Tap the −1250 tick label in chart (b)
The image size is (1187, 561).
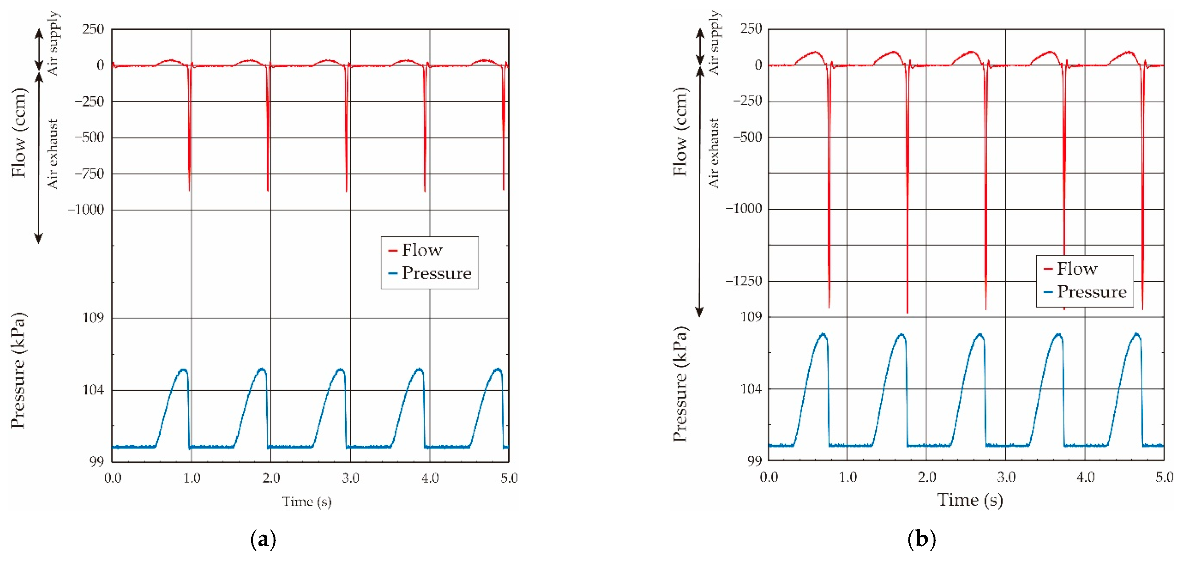(743, 280)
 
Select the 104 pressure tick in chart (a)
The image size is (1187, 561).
(93, 390)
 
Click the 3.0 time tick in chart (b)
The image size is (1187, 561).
(1006, 477)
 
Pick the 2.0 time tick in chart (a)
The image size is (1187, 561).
(271, 478)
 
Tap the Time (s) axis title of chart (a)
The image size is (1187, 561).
(307, 501)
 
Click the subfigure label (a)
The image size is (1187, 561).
(263, 539)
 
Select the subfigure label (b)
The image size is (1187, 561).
(921, 539)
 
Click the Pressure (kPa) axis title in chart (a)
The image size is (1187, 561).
(19, 371)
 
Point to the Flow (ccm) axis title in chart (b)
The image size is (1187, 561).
(680, 132)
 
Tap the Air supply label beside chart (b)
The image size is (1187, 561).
(714, 42)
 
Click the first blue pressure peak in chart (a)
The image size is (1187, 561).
(183, 370)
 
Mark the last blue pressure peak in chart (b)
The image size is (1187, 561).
(1137, 334)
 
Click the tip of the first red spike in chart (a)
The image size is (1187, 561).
(189, 190)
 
